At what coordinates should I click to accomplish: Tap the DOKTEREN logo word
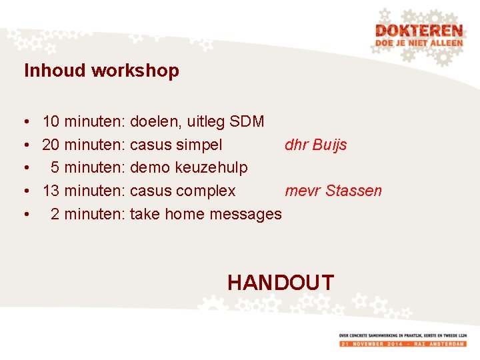(418, 31)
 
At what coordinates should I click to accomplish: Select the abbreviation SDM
(247, 122)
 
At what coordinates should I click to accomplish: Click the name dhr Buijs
(316, 145)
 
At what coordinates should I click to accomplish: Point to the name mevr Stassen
(333, 191)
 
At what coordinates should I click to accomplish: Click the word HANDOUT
(280, 282)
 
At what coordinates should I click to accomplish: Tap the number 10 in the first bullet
(51, 122)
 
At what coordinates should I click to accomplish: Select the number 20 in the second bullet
(51, 145)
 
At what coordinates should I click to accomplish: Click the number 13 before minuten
(51, 191)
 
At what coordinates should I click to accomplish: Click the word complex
(205, 191)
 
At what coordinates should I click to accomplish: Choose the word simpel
(199, 145)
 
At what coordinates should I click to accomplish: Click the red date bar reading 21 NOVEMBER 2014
(403, 343)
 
